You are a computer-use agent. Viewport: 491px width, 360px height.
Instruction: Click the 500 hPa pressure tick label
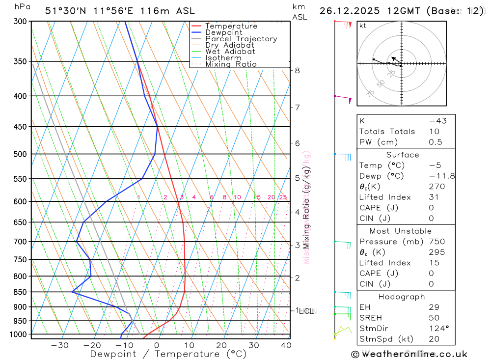21,154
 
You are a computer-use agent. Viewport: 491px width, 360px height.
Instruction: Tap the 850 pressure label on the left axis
21,292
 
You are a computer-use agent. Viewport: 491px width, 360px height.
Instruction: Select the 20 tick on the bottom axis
221,345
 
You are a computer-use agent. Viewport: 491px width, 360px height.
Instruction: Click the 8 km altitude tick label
297,71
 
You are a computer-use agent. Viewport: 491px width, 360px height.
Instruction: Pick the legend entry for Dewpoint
223,32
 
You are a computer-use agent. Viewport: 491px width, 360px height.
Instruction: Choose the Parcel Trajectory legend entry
241,39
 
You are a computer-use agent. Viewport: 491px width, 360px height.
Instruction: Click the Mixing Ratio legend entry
231,64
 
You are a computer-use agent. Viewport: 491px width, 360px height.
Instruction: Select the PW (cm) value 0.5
436,142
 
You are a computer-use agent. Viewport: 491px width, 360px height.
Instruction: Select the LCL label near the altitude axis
307,311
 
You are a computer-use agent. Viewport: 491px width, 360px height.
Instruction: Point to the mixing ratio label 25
283,197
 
